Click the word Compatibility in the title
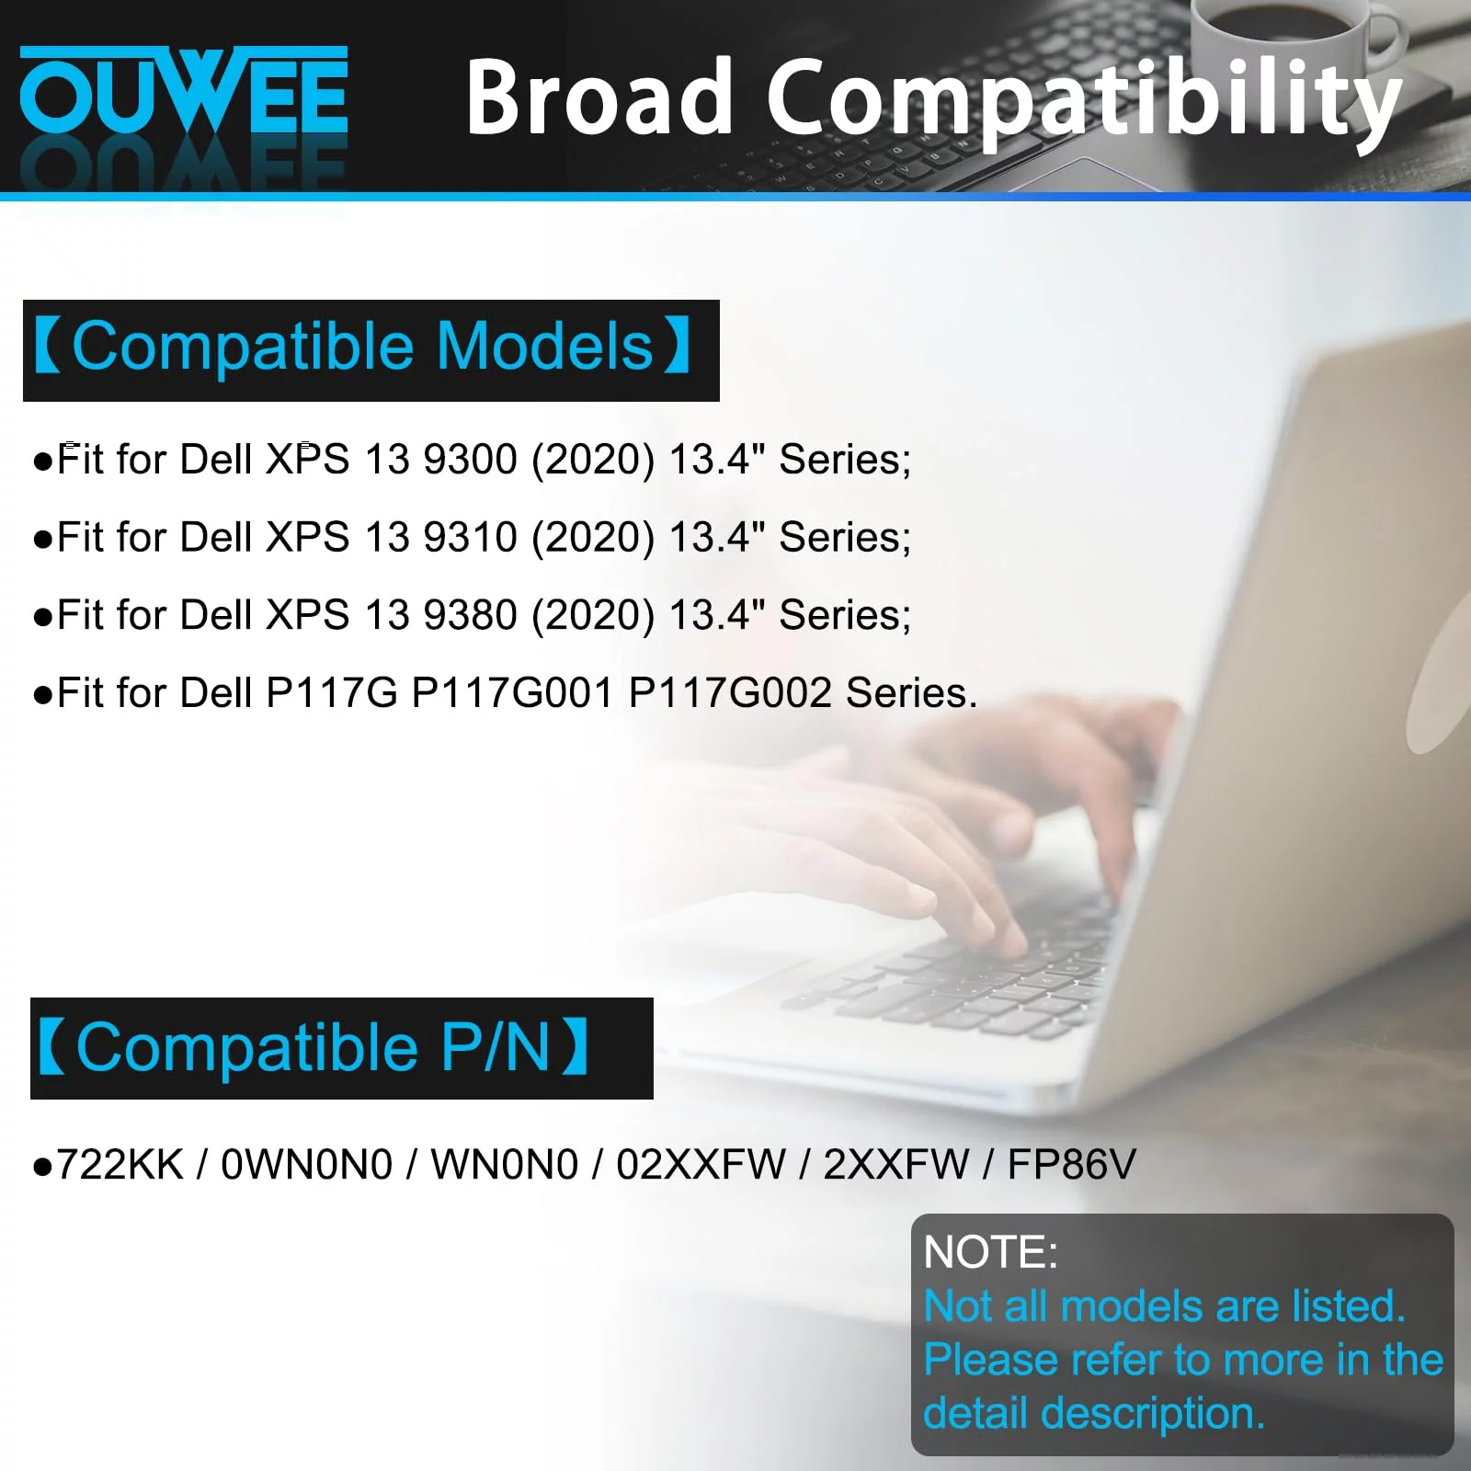1085,101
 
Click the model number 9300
470,459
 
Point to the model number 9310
470,537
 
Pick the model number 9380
470,614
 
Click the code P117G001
511,692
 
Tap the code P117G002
729,692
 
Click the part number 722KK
120,1164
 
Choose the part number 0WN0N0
307,1164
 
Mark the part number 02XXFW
701,1164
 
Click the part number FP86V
1072,1164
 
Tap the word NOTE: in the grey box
990,1252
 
